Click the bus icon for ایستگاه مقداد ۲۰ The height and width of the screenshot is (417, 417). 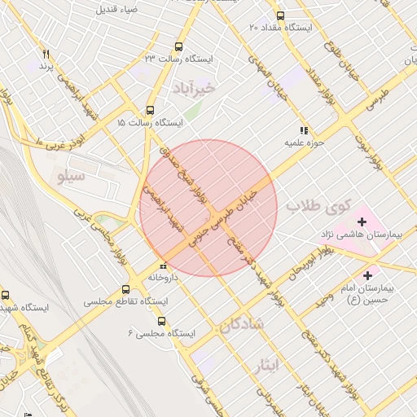point(281,15)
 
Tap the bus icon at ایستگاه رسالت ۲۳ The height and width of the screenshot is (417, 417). point(178,46)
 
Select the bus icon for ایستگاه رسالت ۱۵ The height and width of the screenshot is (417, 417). point(150,110)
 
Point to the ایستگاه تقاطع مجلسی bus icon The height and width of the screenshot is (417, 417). point(125,289)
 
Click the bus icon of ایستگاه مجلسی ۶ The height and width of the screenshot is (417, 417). point(162,322)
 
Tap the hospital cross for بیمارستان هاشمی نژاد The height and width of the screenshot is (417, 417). point(362,221)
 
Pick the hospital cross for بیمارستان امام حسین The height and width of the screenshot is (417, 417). point(367,274)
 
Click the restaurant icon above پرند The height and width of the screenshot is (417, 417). point(46,55)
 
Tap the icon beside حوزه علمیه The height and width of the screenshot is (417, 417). point(304,129)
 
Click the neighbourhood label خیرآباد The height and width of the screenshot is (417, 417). point(195,87)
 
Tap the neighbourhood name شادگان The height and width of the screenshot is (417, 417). point(241,324)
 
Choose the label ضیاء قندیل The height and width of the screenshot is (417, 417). point(117,10)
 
